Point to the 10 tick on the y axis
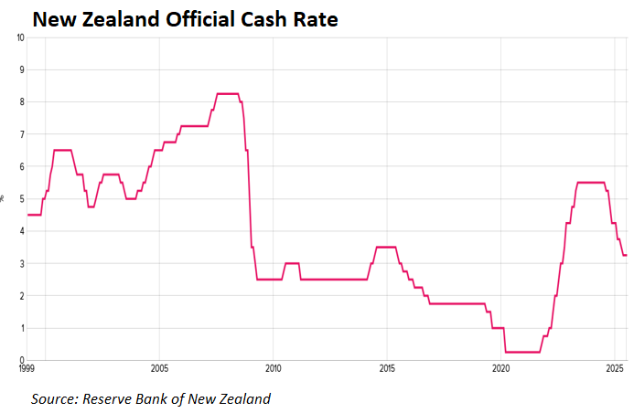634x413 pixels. pos(19,37)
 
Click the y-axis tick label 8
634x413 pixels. pos(21,102)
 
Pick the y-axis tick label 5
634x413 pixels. pos(21,199)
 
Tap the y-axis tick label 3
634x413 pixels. pos(21,264)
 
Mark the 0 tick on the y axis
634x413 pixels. pos(21,360)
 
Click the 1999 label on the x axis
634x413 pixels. pos(27,368)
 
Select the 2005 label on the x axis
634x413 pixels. pos(159,368)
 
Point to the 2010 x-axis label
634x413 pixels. pos(273,368)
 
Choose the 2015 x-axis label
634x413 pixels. pos(387,368)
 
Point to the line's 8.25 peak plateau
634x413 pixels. pos(227,93)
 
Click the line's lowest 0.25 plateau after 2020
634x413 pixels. pos(522,352)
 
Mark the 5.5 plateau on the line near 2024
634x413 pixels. pos(591,183)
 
